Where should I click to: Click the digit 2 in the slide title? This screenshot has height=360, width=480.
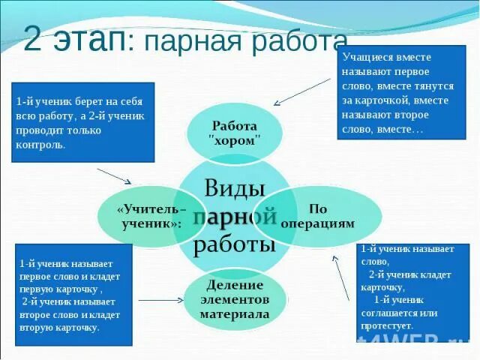pos(33,40)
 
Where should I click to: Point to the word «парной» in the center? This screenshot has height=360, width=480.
pos(235,217)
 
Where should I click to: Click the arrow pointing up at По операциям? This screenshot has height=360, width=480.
pos(341,277)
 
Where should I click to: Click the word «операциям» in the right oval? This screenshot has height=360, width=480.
pos(317,223)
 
